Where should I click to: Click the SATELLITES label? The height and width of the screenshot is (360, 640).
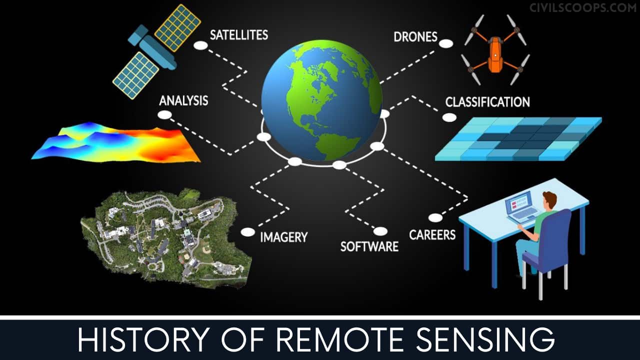pos(238,35)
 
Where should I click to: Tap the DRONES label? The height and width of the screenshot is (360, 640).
pos(415,36)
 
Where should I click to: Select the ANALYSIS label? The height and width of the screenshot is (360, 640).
pos(183,100)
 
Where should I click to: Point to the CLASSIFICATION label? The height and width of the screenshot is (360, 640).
pos(487,102)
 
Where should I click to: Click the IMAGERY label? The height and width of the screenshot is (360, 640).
pos(283,237)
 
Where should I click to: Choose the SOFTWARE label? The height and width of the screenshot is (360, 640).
pos(369,246)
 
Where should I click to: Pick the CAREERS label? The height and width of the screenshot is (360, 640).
pos(432,234)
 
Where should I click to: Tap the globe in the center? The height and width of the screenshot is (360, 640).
pos(321,100)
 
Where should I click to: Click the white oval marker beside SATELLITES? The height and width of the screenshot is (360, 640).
pos(200,45)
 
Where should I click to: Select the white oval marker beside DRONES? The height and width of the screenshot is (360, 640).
pos(446,43)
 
